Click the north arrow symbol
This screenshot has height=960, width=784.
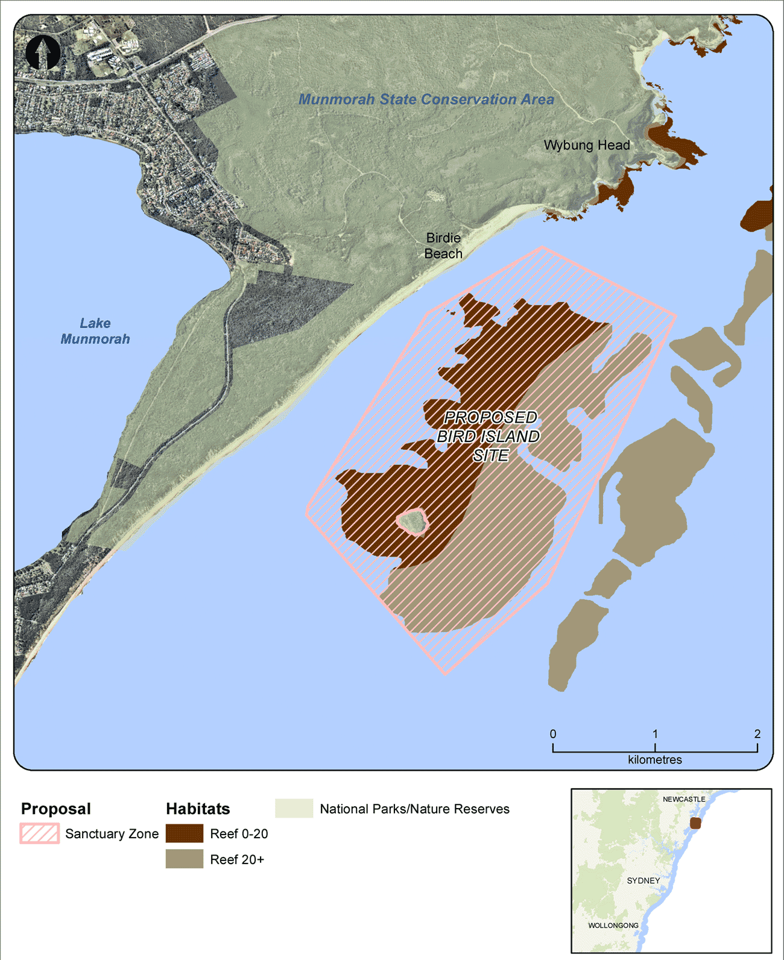pyautogui.click(x=43, y=52)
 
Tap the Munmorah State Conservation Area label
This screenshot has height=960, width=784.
pyautogui.click(x=426, y=99)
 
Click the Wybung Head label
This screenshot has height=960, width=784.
pyautogui.click(x=586, y=145)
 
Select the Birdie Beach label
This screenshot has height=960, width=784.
pyautogui.click(x=443, y=246)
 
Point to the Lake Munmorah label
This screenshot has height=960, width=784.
pyautogui.click(x=95, y=331)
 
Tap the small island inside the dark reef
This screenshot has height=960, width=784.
pyautogui.click(x=413, y=521)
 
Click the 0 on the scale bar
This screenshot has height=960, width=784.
pyautogui.click(x=553, y=734)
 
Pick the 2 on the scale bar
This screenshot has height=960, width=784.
pyautogui.click(x=757, y=734)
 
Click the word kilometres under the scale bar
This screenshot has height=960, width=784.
pyautogui.click(x=655, y=760)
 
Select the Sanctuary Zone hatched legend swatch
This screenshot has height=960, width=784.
pyautogui.click(x=40, y=833)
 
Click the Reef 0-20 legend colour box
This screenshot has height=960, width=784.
pyautogui.click(x=185, y=833)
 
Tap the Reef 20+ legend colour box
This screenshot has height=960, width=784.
pyautogui.click(x=185, y=859)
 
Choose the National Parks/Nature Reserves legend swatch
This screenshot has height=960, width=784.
pyautogui.click(x=294, y=809)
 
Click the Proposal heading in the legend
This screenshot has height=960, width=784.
pyautogui.click(x=55, y=809)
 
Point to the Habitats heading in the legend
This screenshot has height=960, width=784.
pyautogui.click(x=198, y=809)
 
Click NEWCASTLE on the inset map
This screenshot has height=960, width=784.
pyautogui.click(x=683, y=799)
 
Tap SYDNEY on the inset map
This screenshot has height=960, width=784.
pyautogui.click(x=643, y=880)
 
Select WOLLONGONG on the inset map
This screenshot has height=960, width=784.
pyautogui.click(x=613, y=925)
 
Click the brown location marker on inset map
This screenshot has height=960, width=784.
pyautogui.click(x=695, y=823)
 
